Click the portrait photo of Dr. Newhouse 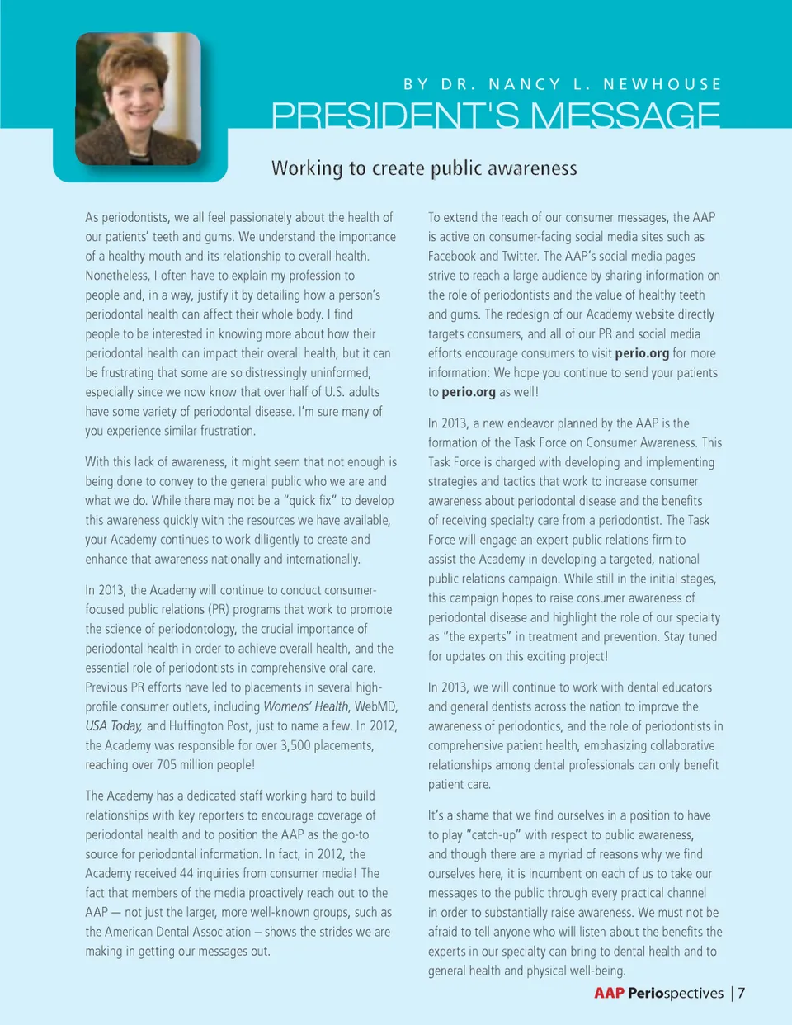(138, 99)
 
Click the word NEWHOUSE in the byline (662, 84)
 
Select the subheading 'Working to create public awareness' (424, 168)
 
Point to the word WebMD (376, 706)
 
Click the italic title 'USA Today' (114, 725)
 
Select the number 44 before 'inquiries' (186, 873)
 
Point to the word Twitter (519, 256)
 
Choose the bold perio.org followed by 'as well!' (469, 392)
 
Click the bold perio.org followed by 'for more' (642, 353)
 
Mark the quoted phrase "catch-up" (493, 834)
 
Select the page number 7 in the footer (742, 993)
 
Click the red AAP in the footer (609, 993)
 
